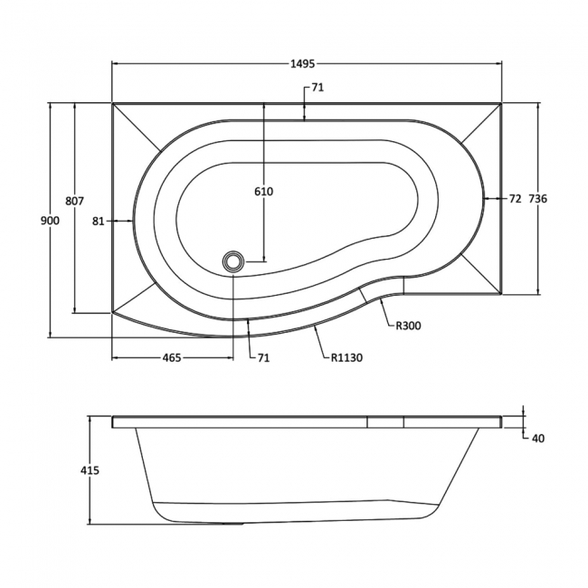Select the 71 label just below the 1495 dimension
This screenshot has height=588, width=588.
click(x=318, y=88)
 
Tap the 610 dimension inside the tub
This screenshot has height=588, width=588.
click(x=263, y=191)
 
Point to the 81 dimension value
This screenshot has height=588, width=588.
click(x=100, y=220)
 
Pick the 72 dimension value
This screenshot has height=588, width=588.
click(x=515, y=198)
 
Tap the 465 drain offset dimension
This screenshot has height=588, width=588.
click(x=172, y=357)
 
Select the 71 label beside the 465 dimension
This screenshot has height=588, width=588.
click(x=263, y=357)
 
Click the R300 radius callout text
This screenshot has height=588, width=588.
click(x=409, y=327)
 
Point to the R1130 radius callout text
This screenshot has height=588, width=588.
click(x=346, y=357)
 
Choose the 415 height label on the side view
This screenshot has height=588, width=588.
click(x=89, y=469)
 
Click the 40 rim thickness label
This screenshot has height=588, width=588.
click(x=537, y=439)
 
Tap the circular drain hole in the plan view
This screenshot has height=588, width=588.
click(x=234, y=261)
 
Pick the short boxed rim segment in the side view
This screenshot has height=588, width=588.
click(x=384, y=422)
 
